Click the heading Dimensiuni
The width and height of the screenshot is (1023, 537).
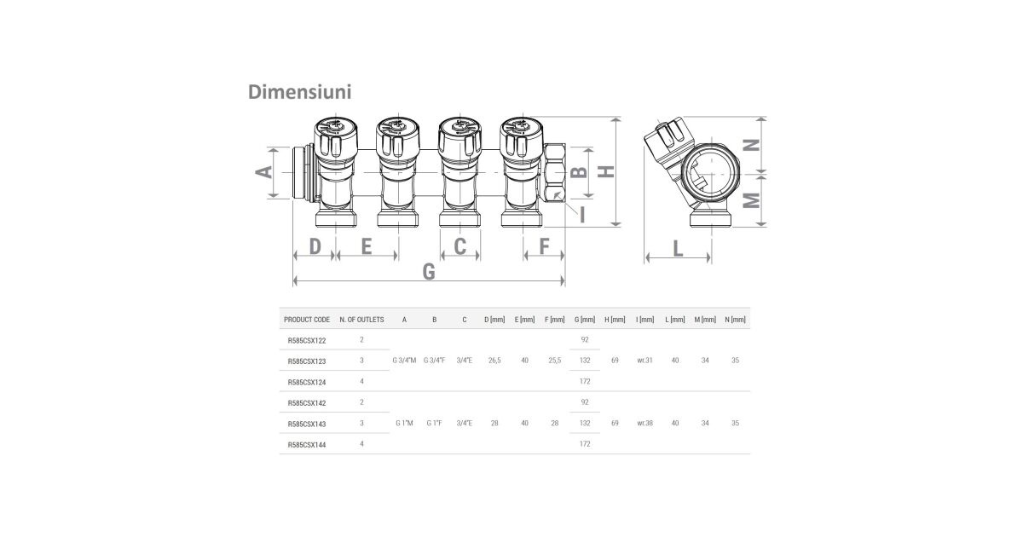pyautogui.click(x=299, y=92)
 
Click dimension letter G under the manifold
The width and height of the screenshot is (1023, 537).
pyautogui.click(x=429, y=271)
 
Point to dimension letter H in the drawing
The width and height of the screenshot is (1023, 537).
pyautogui.click(x=606, y=171)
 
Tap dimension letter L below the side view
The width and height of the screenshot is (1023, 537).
pyautogui.click(x=679, y=249)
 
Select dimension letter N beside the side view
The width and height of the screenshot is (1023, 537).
pyautogui.click(x=752, y=145)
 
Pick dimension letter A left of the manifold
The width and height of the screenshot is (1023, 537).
pyautogui.click(x=263, y=171)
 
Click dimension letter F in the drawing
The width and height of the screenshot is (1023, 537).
pyautogui.click(x=544, y=246)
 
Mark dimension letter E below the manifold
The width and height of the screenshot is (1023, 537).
pyautogui.click(x=367, y=246)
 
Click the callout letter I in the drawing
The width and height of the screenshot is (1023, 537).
pyautogui.click(x=582, y=214)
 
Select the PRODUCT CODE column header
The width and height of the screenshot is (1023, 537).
pyautogui.click(x=307, y=320)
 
